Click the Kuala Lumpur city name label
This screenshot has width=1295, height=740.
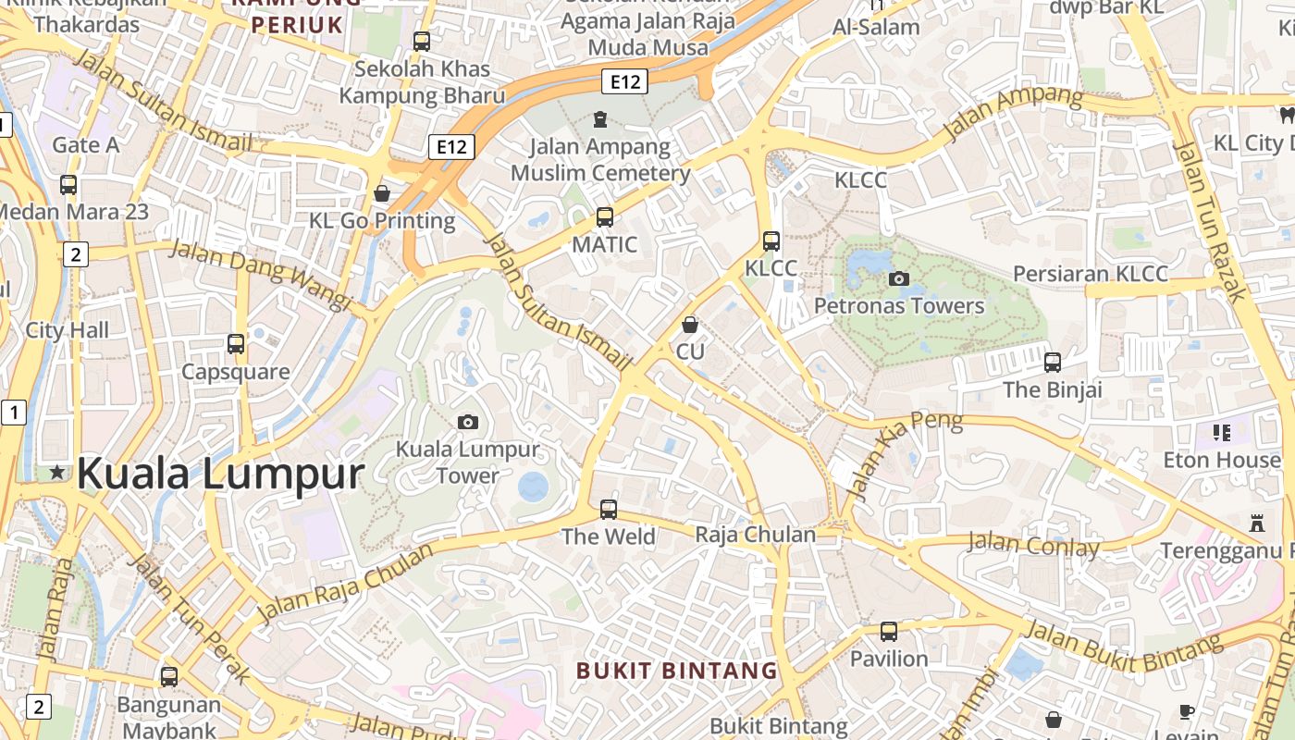pyautogui.click(x=220, y=474)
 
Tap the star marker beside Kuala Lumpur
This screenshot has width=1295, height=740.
pyautogui.click(x=57, y=473)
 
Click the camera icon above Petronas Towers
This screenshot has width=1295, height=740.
pyautogui.click(x=898, y=278)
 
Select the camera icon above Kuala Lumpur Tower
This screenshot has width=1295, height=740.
pyautogui.click(x=468, y=423)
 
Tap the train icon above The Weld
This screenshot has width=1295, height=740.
pyautogui.click(x=609, y=509)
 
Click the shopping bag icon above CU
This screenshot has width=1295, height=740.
pyautogui.click(x=689, y=325)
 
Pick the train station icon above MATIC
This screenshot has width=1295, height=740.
pyautogui.click(x=605, y=217)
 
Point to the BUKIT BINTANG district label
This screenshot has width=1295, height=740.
pyautogui.click(x=677, y=670)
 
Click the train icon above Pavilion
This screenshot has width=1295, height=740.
pyautogui.click(x=889, y=632)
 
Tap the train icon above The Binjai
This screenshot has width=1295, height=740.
pyautogui.click(x=1053, y=362)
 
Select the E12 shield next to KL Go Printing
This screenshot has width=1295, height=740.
pyautogui.click(x=451, y=146)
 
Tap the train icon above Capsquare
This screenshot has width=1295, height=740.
pyautogui.click(x=236, y=344)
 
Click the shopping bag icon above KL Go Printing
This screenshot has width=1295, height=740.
pyautogui.click(x=382, y=193)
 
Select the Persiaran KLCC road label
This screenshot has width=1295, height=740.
pyautogui.click(x=1091, y=274)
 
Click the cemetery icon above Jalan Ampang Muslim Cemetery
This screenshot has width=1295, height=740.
pyautogui.click(x=600, y=119)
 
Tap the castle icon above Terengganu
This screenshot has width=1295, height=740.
pyautogui.click(x=1256, y=524)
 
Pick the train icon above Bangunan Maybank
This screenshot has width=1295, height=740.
pyautogui.click(x=169, y=676)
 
